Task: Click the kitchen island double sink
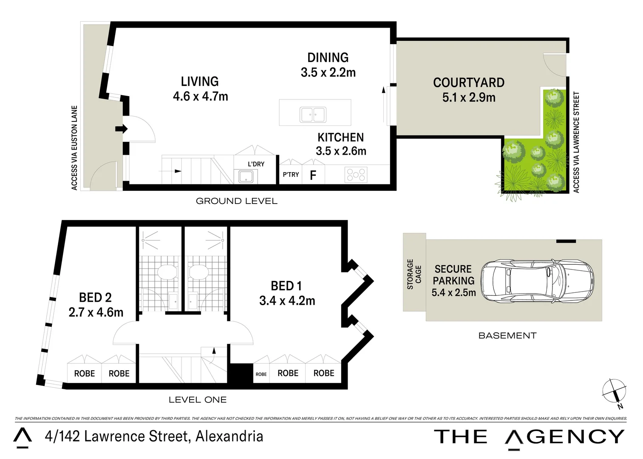click(x=313, y=115)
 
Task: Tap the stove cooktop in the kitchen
click(x=356, y=175)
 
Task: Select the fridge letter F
click(x=313, y=175)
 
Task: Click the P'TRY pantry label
click(x=291, y=175)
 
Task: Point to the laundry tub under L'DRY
click(x=246, y=176)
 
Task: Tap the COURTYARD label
click(x=469, y=82)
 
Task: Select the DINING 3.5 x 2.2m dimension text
click(x=328, y=73)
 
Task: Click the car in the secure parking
click(x=537, y=281)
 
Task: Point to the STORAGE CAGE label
click(x=414, y=274)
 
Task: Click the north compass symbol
click(x=615, y=391)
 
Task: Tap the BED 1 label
click(x=286, y=286)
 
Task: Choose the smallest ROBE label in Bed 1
click(x=261, y=374)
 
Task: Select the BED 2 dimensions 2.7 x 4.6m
click(x=96, y=312)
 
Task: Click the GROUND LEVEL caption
click(x=236, y=201)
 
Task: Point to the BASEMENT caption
click(x=507, y=336)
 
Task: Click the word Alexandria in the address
click(x=229, y=436)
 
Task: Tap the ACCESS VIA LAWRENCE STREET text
click(x=576, y=142)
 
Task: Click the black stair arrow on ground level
click(x=178, y=171)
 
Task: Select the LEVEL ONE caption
click(x=198, y=400)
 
